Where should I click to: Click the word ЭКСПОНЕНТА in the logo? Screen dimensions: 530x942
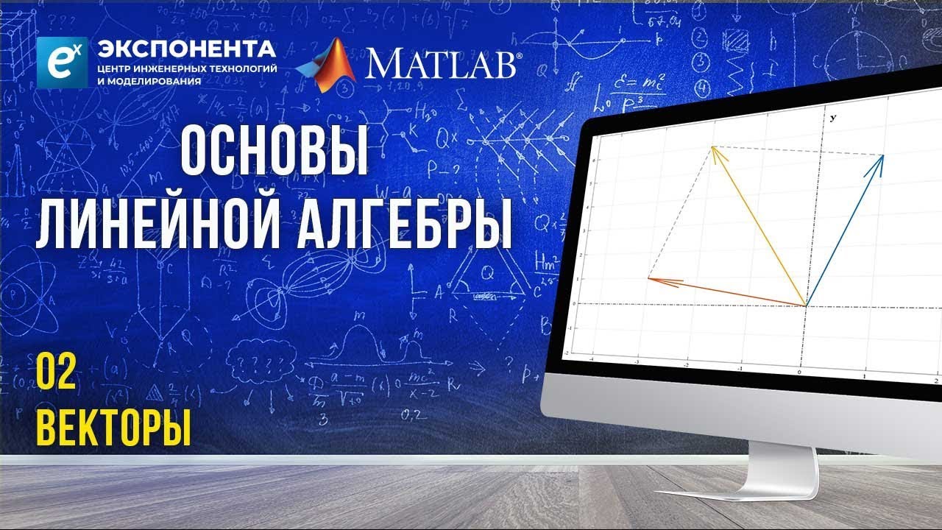(187, 50)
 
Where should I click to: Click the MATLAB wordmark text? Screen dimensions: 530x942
(442, 64)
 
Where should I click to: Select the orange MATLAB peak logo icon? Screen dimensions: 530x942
(327, 65)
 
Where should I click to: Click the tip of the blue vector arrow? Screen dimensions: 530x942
(882, 156)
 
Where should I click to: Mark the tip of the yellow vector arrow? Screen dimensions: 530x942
(712, 147)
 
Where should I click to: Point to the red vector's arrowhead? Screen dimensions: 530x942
(649, 278)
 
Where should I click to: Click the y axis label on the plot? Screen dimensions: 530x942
(832, 118)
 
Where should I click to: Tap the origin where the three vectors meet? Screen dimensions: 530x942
(806, 305)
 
